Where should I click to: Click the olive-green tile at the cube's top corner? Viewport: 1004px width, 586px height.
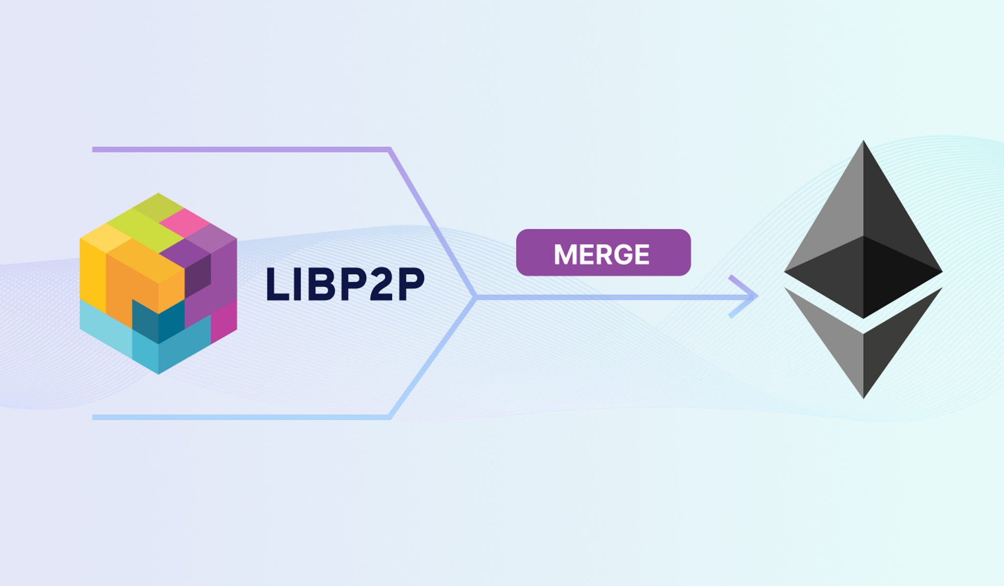coord(158,206)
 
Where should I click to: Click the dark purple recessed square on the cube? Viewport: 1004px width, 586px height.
coord(197,276)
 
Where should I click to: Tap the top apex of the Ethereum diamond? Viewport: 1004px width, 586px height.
coord(863,145)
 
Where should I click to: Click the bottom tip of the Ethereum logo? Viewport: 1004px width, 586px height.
coord(863,394)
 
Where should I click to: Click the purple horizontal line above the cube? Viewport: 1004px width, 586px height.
coord(241,149)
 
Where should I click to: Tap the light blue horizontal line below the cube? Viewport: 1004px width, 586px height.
coord(241,417)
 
